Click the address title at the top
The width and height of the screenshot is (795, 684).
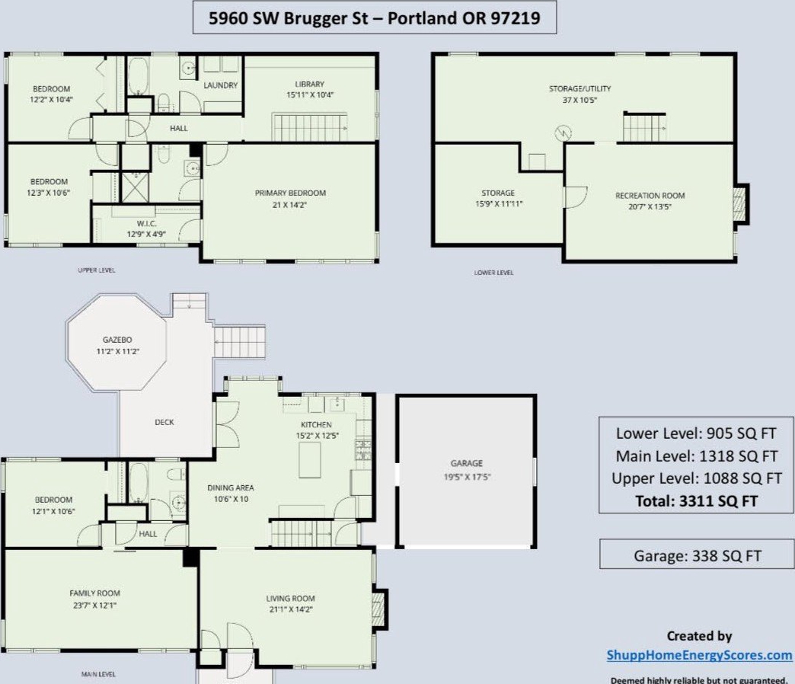(374, 18)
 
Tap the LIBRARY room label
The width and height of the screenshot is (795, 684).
(309, 85)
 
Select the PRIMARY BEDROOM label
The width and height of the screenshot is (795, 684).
(290, 193)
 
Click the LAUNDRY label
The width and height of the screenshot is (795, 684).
(220, 85)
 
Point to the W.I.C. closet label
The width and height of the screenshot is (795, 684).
(146, 224)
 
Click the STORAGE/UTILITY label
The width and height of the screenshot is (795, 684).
(579, 88)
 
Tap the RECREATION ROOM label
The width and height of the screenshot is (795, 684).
(650, 196)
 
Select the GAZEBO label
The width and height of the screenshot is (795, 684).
(117, 340)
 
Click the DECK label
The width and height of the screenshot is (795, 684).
(164, 422)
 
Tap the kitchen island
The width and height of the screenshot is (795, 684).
(309, 460)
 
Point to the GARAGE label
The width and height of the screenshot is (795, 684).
(467, 463)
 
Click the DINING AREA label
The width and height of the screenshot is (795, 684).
(231, 487)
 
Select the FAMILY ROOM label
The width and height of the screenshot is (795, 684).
(95, 593)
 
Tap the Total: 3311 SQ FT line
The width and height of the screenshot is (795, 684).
(696, 501)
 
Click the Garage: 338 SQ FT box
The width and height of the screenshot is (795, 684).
(697, 554)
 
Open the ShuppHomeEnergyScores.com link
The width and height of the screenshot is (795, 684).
(700, 655)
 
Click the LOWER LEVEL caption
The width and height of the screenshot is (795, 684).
(494, 273)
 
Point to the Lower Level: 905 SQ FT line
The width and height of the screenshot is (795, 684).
(696, 433)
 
